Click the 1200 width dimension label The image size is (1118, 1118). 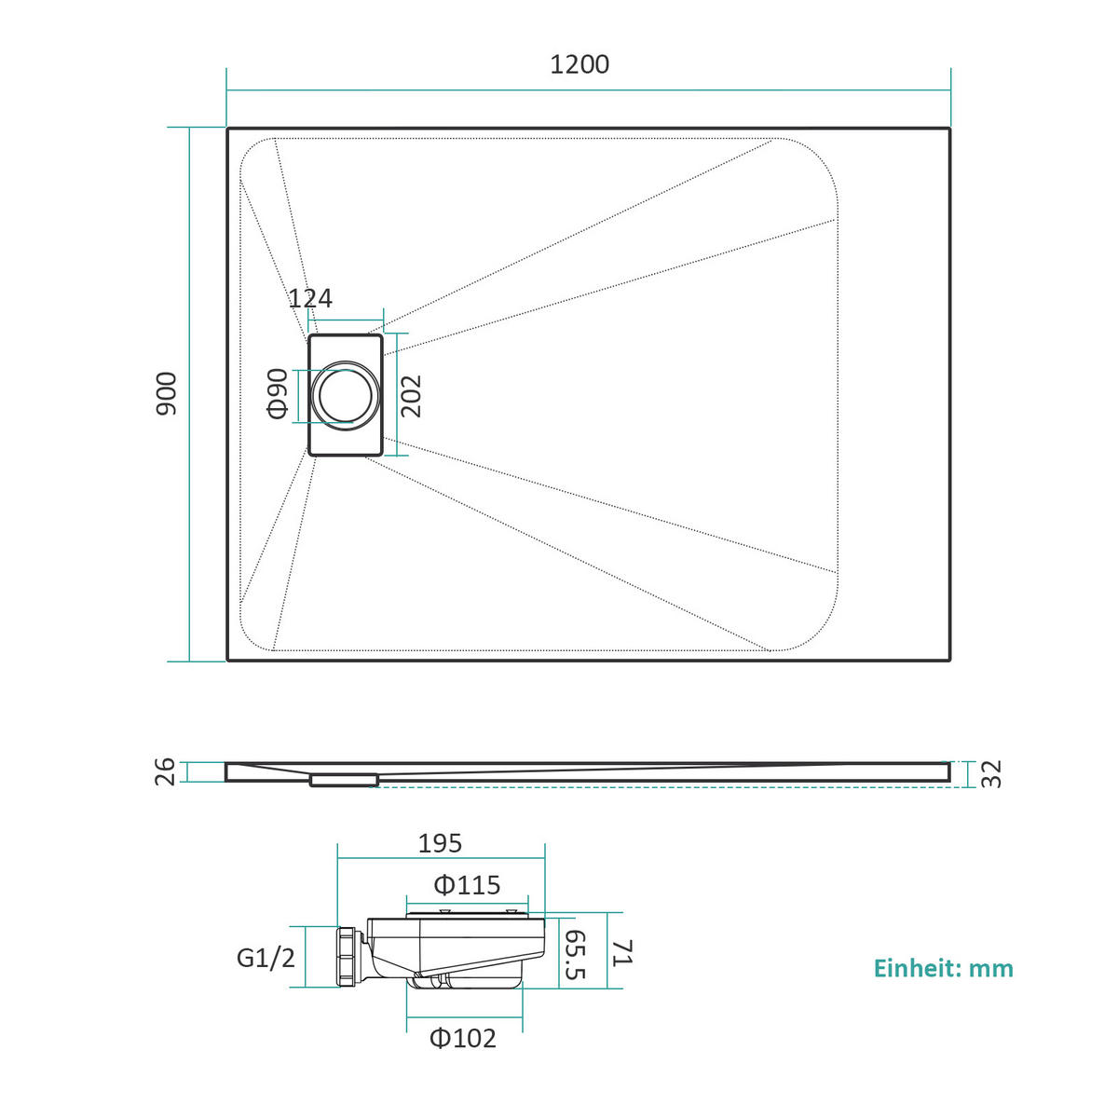pos(579,64)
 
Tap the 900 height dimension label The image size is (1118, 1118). pos(167,393)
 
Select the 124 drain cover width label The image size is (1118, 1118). pos(310,298)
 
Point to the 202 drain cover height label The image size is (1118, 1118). pos(412,396)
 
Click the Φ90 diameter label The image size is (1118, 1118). pos(278,393)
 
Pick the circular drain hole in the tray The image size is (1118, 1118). pos(346,394)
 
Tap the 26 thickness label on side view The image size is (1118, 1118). pos(165,771)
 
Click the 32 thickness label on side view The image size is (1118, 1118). pos(991,774)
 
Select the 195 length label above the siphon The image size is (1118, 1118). pos(440,843)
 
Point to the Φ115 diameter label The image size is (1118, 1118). pos(467,885)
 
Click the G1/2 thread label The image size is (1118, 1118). pos(266,958)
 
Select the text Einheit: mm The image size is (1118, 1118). pos(944,968)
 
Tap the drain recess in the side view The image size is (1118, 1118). pos(344,780)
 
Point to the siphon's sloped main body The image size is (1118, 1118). pos(456,946)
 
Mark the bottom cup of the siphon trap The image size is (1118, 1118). pos(464,981)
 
